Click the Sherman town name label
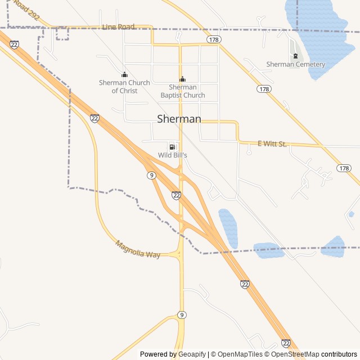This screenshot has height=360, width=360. coord(179,119)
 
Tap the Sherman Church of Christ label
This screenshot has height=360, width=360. coord(124,87)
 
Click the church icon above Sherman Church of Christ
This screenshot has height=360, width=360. coord(124,75)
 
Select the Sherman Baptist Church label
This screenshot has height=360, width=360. coord(182,91)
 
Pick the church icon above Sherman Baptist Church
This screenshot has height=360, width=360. coord(182,79)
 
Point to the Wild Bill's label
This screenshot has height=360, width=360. coord(172,155)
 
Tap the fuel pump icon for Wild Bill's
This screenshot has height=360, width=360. coord(172,146)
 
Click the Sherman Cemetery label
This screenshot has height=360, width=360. coord(295,64)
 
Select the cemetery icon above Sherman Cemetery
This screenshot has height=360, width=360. coord(295,55)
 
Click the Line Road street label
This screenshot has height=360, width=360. coord(119,26)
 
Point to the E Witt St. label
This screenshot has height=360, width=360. coord(272,144)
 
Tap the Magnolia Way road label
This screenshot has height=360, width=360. coord(138,250)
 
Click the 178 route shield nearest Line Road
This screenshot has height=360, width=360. coord(213,39)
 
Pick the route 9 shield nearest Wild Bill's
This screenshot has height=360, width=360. coord(151,175)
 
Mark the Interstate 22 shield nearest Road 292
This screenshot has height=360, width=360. coord(14,44)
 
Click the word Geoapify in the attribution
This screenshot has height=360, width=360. coord(191,354)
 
